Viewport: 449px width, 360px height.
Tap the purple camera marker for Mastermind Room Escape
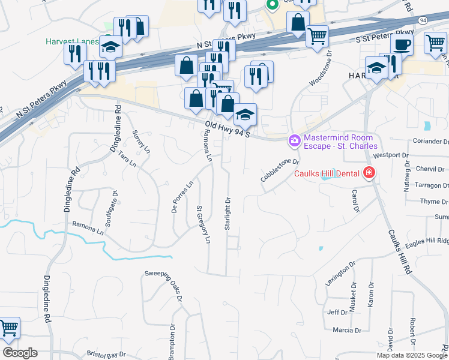click(294, 141)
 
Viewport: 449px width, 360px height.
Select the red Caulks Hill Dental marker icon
click(369, 174)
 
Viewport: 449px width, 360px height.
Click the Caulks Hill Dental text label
click(327, 174)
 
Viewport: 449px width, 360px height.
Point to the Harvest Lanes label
click(71, 41)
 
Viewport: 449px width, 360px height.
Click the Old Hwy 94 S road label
click(227, 128)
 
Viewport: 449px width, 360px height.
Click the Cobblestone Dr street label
click(280, 170)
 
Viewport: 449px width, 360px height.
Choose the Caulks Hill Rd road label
click(399, 253)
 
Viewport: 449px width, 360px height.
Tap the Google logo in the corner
click(20, 353)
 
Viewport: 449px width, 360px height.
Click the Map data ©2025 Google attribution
click(411, 355)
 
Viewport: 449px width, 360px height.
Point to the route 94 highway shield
click(423, 20)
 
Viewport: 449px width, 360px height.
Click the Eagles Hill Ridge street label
click(426, 241)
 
